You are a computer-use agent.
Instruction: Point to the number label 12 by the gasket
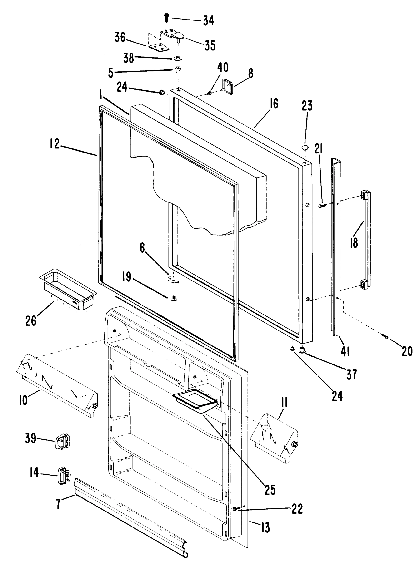[x=55, y=144]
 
